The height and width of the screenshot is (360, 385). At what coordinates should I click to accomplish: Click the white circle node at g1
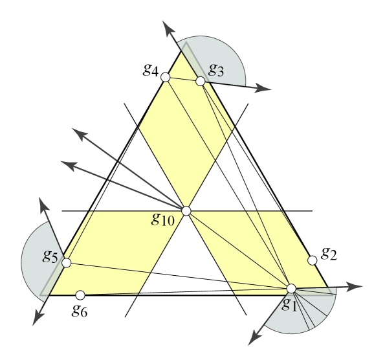click(x=291, y=288)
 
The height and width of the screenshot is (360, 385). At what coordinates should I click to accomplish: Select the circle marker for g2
click(x=312, y=260)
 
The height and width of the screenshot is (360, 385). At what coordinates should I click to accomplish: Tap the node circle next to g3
click(x=201, y=81)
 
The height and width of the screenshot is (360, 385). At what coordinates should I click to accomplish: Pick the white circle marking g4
click(x=165, y=77)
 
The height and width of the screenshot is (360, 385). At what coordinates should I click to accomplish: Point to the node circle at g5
click(x=66, y=262)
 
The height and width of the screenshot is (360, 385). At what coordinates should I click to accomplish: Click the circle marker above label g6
click(x=80, y=295)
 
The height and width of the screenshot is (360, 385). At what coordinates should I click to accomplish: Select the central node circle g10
click(x=186, y=211)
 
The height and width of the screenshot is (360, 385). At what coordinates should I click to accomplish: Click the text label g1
click(x=289, y=303)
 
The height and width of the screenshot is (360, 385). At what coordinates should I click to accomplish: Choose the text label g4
click(x=151, y=69)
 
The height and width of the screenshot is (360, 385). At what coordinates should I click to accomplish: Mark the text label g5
click(x=50, y=256)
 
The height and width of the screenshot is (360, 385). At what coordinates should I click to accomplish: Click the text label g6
click(x=80, y=309)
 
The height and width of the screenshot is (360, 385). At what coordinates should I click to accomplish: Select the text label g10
click(x=163, y=219)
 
